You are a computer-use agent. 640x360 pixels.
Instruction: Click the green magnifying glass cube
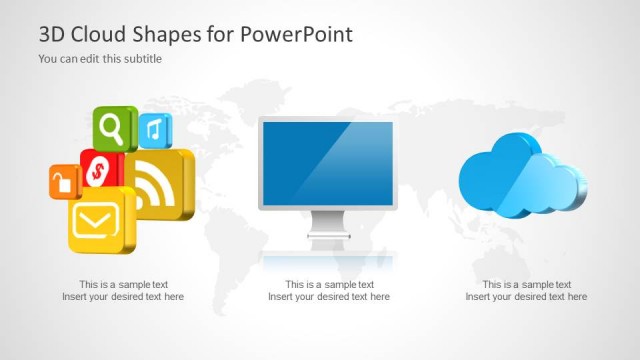point(114,128)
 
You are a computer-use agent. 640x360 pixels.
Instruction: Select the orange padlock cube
point(63,182)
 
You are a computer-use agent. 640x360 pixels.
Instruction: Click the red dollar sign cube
point(100,172)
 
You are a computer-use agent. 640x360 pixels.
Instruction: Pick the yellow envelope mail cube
point(100,220)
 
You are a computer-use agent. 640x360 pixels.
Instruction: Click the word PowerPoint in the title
point(297,34)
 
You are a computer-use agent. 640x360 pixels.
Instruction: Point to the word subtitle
point(141,58)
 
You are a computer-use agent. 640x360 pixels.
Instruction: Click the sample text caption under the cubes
point(123,290)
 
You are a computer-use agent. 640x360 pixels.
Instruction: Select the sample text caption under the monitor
point(329,290)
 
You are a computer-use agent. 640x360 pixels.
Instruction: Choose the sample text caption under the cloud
point(526,290)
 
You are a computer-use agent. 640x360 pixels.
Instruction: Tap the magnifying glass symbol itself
point(112,127)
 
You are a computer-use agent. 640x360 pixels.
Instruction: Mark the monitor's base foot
point(327,243)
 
